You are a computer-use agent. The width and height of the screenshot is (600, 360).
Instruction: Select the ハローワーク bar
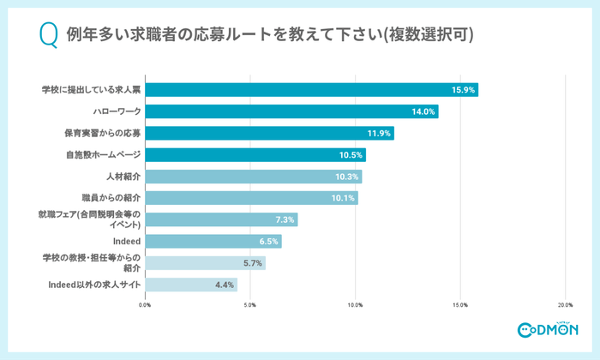pos(291,111)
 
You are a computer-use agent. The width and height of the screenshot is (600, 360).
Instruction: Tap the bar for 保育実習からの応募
pos(269,133)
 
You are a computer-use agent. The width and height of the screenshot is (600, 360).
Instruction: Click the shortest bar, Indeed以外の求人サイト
pos(190,285)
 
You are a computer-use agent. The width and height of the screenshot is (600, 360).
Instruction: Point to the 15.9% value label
pos(463,90)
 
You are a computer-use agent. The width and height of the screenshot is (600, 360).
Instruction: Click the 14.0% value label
pos(423,111)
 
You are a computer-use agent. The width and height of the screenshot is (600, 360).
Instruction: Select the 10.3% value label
pos(347,177)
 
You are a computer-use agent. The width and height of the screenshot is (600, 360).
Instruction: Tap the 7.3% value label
pos(284,220)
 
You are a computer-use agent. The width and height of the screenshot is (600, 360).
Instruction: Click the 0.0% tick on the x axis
pos(145,305)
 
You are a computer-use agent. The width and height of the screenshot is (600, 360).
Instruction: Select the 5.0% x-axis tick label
pos(249,305)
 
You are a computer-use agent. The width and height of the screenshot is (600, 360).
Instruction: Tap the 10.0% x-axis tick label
pos(355,305)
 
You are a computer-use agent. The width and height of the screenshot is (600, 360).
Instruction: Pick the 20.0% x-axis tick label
pos(565,305)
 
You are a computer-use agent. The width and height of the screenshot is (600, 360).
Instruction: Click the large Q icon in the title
pos(49,35)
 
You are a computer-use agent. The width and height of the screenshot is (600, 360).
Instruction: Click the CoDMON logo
pos(548,330)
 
